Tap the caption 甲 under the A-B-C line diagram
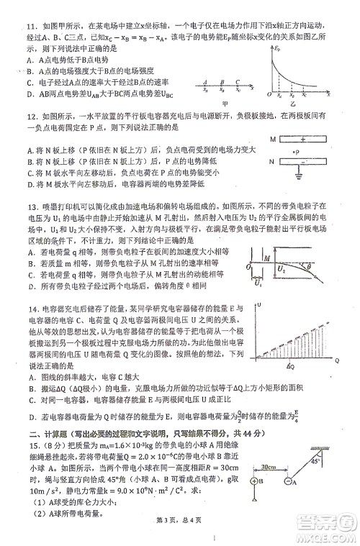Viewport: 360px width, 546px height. coord(225,103)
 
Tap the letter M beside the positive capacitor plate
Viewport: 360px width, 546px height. coord(274,139)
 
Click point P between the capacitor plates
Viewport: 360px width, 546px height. coord(300,151)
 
